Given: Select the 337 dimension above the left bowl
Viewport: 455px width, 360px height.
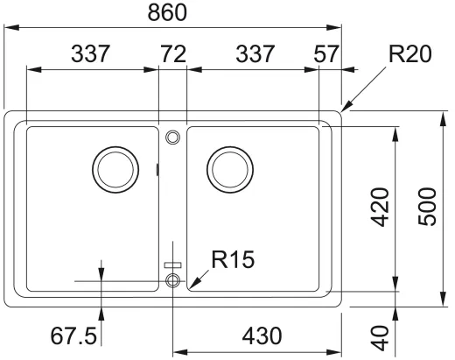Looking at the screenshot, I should click(x=91, y=54).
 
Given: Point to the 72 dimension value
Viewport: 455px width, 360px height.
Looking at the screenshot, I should click(x=171, y=54).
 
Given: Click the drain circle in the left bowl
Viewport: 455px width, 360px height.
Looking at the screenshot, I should click(x=115, y=166).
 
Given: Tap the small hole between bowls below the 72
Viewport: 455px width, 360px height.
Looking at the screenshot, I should click(x=172, y=136).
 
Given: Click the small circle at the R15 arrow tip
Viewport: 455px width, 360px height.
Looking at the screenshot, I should click(x=172, y=280).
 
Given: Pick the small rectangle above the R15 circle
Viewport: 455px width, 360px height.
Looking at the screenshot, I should click(x=172, y=263).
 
